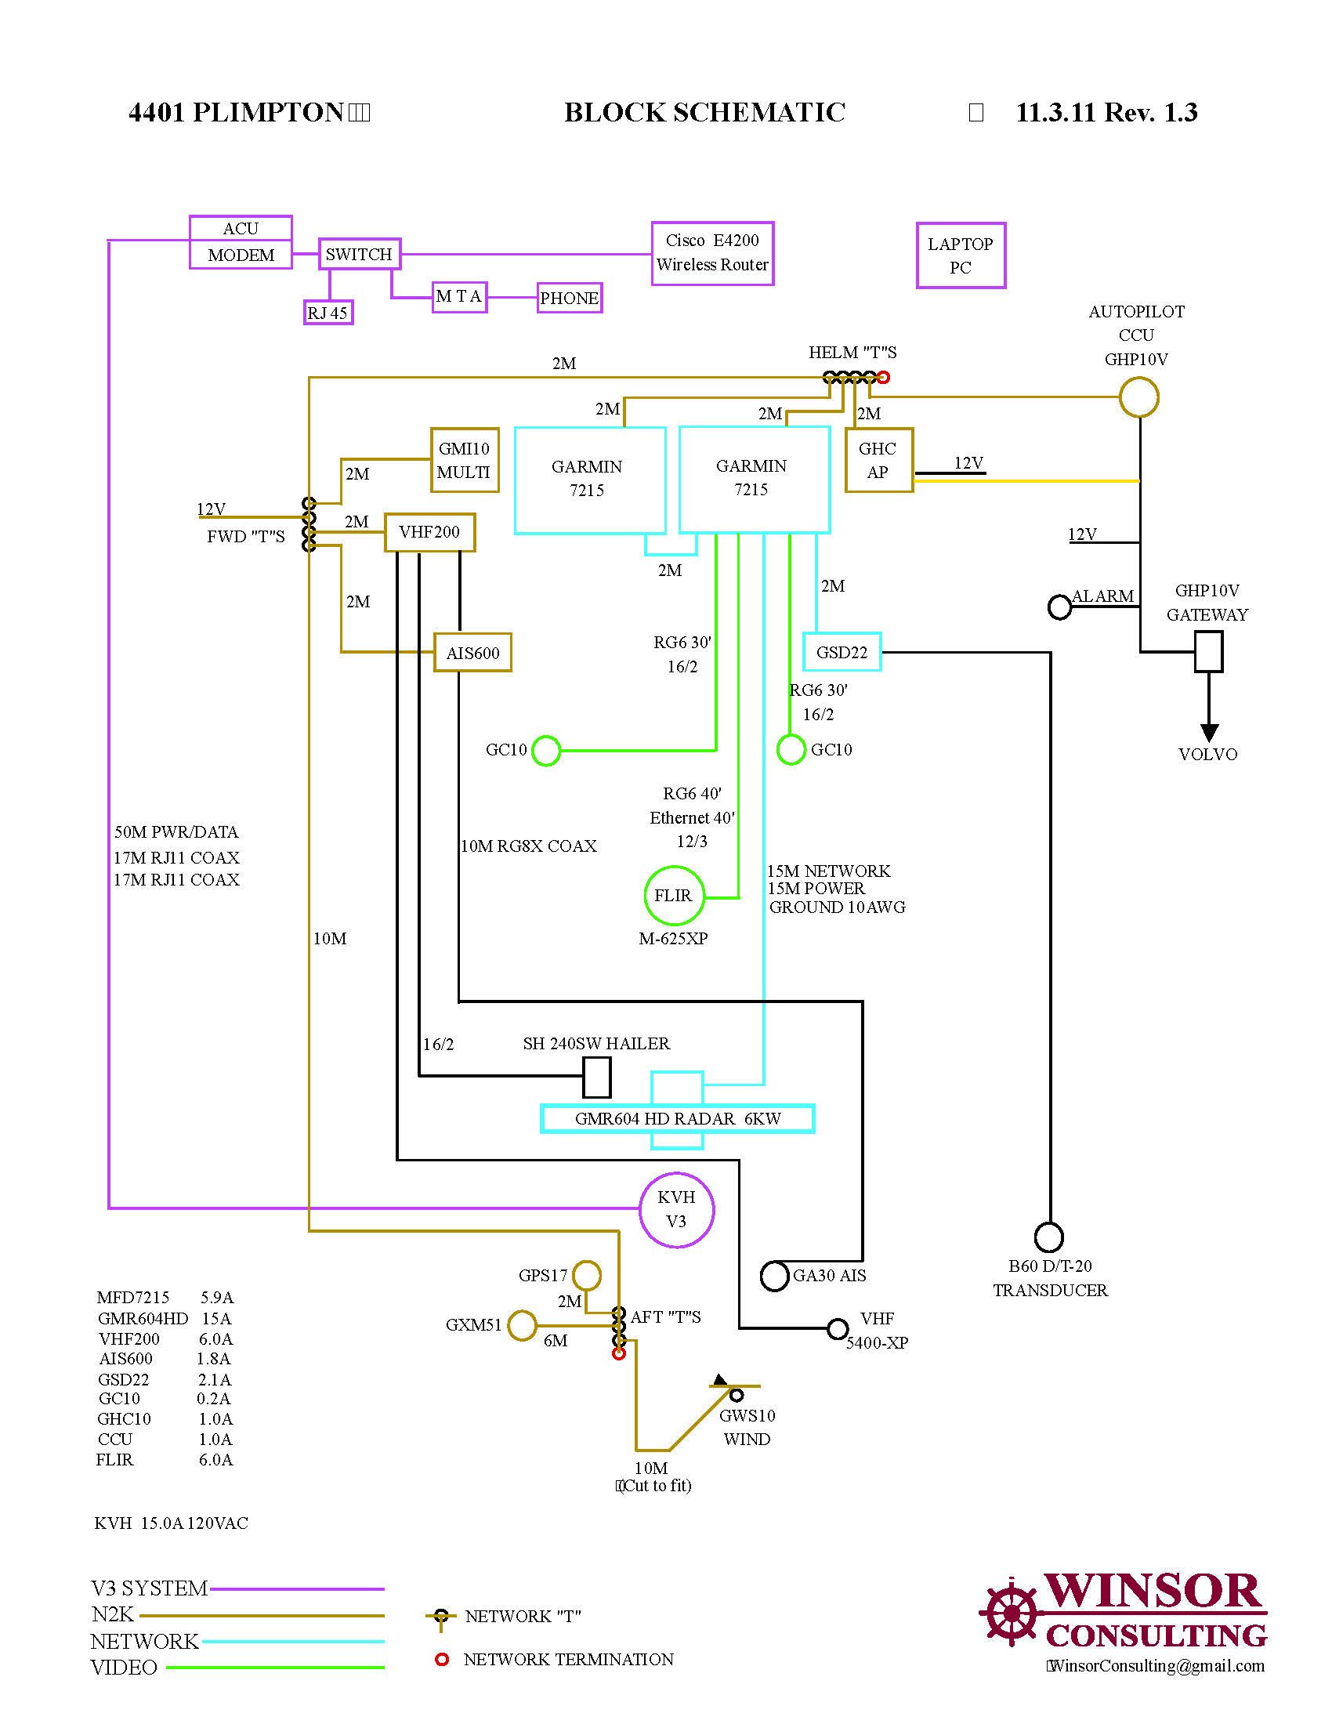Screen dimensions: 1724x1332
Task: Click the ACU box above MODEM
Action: [241, 228]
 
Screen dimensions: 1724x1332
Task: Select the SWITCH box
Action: [359, 254]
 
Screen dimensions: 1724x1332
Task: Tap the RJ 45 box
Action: [328, 313]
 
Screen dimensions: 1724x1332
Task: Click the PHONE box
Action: [569, 299]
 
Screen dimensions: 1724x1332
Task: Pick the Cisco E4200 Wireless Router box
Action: [711, 253]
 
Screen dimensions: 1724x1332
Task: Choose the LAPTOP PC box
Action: [961, 255]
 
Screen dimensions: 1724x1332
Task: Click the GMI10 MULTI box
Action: [464, 460]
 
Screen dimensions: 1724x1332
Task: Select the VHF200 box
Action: [429, 532]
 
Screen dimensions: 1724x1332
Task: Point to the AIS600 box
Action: [472, 653]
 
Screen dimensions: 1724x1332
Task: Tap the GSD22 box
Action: [842, 652]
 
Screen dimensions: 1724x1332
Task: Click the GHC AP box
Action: [878, 460]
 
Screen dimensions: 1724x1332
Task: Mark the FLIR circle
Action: [673, 895]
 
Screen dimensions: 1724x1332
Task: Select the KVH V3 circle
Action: [676, 1209]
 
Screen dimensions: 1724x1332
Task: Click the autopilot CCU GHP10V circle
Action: [1138, 397]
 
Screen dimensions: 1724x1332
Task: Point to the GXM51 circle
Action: [522, 1325]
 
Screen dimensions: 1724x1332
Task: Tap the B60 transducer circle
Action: [1048, 1237]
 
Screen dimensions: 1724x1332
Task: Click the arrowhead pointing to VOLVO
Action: [1209, 732]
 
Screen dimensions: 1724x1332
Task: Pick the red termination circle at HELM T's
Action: [884, 378]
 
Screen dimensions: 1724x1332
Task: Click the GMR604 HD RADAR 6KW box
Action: [677, 1118]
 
